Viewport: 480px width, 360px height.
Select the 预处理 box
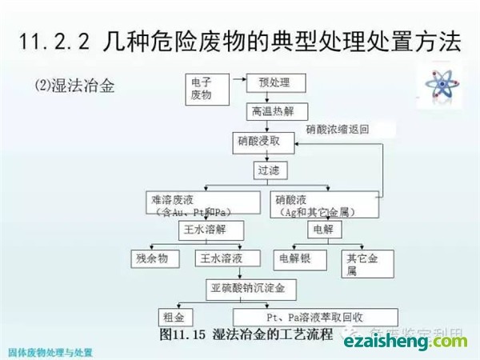click(x=274, y=83)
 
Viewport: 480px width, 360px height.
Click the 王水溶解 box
click(x=206, y=230)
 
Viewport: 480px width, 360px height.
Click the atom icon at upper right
click(x=438, y=80)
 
